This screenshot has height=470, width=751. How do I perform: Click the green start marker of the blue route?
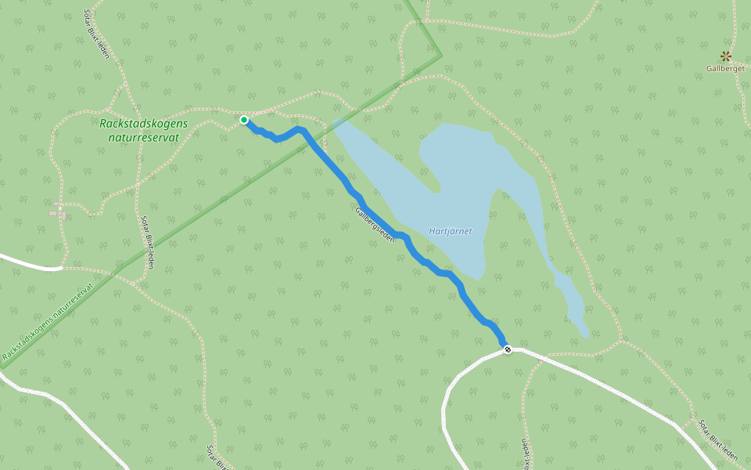244,120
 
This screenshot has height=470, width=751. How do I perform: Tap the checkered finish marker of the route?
508,349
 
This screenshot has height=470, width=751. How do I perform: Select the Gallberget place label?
725,68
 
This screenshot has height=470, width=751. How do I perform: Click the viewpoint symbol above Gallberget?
726,56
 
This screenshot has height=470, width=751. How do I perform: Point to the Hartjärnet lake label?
451,231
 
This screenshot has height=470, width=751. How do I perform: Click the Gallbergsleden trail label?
375,224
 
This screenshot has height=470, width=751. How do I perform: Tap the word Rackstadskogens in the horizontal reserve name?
144,123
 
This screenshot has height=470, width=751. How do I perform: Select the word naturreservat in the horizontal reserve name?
144,137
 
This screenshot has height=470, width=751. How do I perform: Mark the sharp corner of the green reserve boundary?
441,56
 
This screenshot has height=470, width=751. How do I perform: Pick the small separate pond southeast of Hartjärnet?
570,302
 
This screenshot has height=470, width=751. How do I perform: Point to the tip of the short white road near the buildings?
61,268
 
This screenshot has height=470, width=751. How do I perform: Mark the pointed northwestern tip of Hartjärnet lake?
336,123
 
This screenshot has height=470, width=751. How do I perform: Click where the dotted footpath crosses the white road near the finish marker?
522,350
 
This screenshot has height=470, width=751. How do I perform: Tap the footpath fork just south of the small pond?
620,341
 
